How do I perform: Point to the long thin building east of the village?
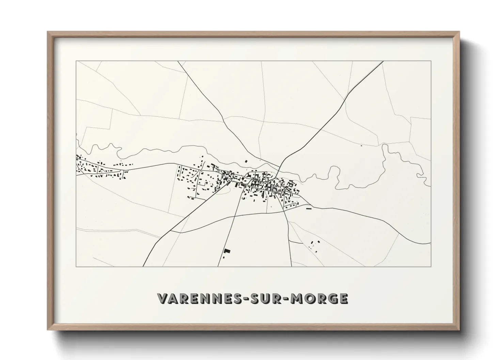coord(309,209)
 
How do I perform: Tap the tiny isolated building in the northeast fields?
coord(361,146)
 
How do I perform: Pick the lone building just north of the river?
coord(246,162)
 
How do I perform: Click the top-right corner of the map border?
coord(431,61)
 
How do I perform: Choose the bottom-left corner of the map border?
coord(76,266)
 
